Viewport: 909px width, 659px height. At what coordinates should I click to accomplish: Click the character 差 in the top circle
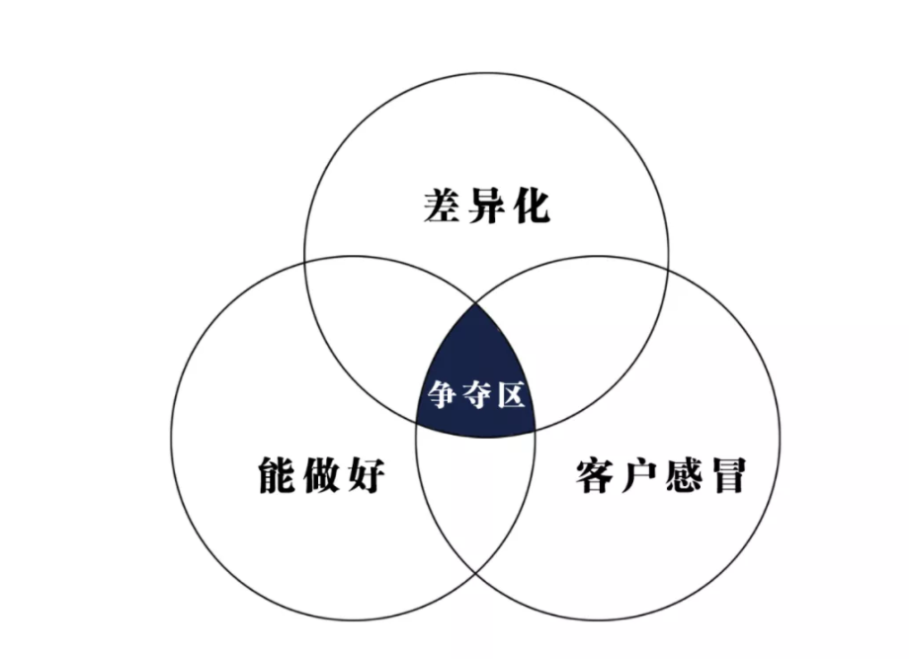click(442, 206)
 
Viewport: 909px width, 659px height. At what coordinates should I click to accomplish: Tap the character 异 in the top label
click(486, 206)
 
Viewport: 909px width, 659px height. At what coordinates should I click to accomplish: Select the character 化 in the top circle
click(531, 206)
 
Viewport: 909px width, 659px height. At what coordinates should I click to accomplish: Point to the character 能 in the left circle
click(277, 475)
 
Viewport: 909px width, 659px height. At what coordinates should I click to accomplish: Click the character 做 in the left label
click(321, 475)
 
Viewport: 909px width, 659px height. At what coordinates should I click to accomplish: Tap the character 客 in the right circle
click(596, 475)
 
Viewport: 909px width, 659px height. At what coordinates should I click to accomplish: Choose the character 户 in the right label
click(639, 475)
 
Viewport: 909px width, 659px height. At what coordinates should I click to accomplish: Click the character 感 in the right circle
click(684, 475)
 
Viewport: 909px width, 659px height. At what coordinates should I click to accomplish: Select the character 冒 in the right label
click(727, 475)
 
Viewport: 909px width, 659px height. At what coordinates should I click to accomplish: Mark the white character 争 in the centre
click(443, 395)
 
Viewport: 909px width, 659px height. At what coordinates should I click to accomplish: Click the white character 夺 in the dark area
click(476, 395)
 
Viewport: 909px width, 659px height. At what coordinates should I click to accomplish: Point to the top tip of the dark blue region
click(476, 303)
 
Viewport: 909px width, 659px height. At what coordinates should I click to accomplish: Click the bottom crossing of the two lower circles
click(475, 573)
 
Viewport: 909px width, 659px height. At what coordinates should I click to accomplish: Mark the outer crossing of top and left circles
click(305, 261)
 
